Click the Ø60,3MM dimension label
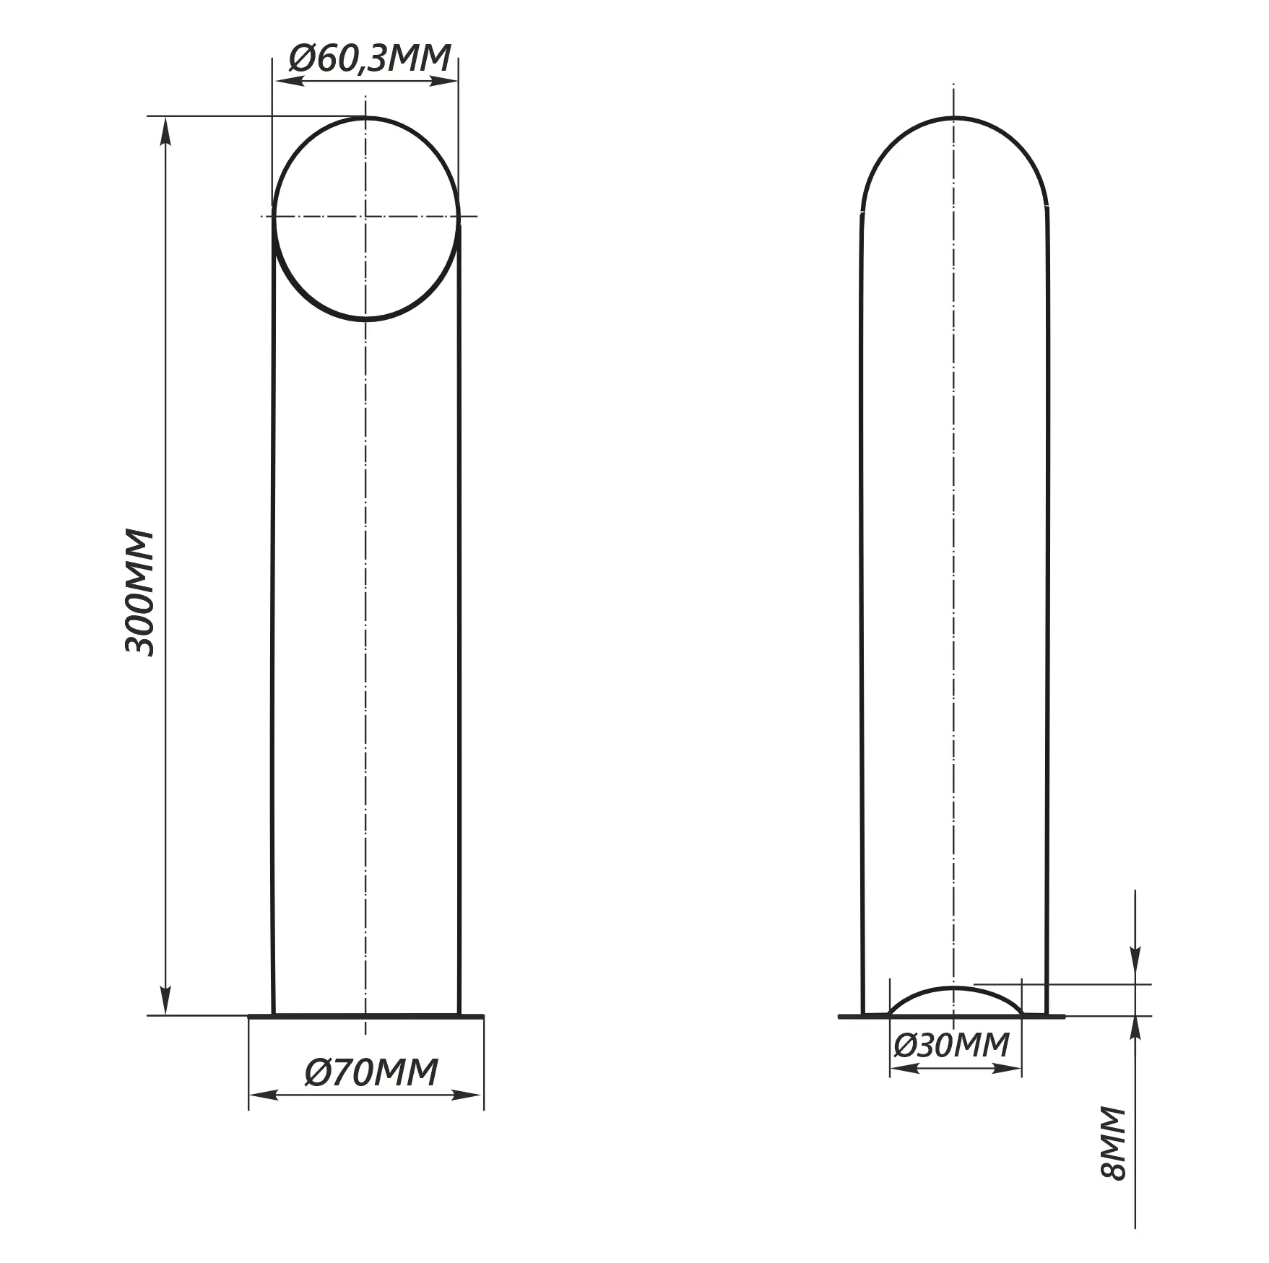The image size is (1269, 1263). click(x=370, y=58)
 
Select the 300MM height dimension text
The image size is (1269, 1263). click(x=140, y=593)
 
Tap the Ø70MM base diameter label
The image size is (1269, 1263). click(x=371, y=1072)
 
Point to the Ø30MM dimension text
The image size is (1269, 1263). click(x=951, y=1045)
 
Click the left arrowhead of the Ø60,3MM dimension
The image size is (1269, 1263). click(x=288, y=81)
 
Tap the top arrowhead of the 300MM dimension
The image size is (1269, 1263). click(x=166, y=131)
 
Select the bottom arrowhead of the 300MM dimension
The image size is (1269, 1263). click(x=166, y=999)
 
